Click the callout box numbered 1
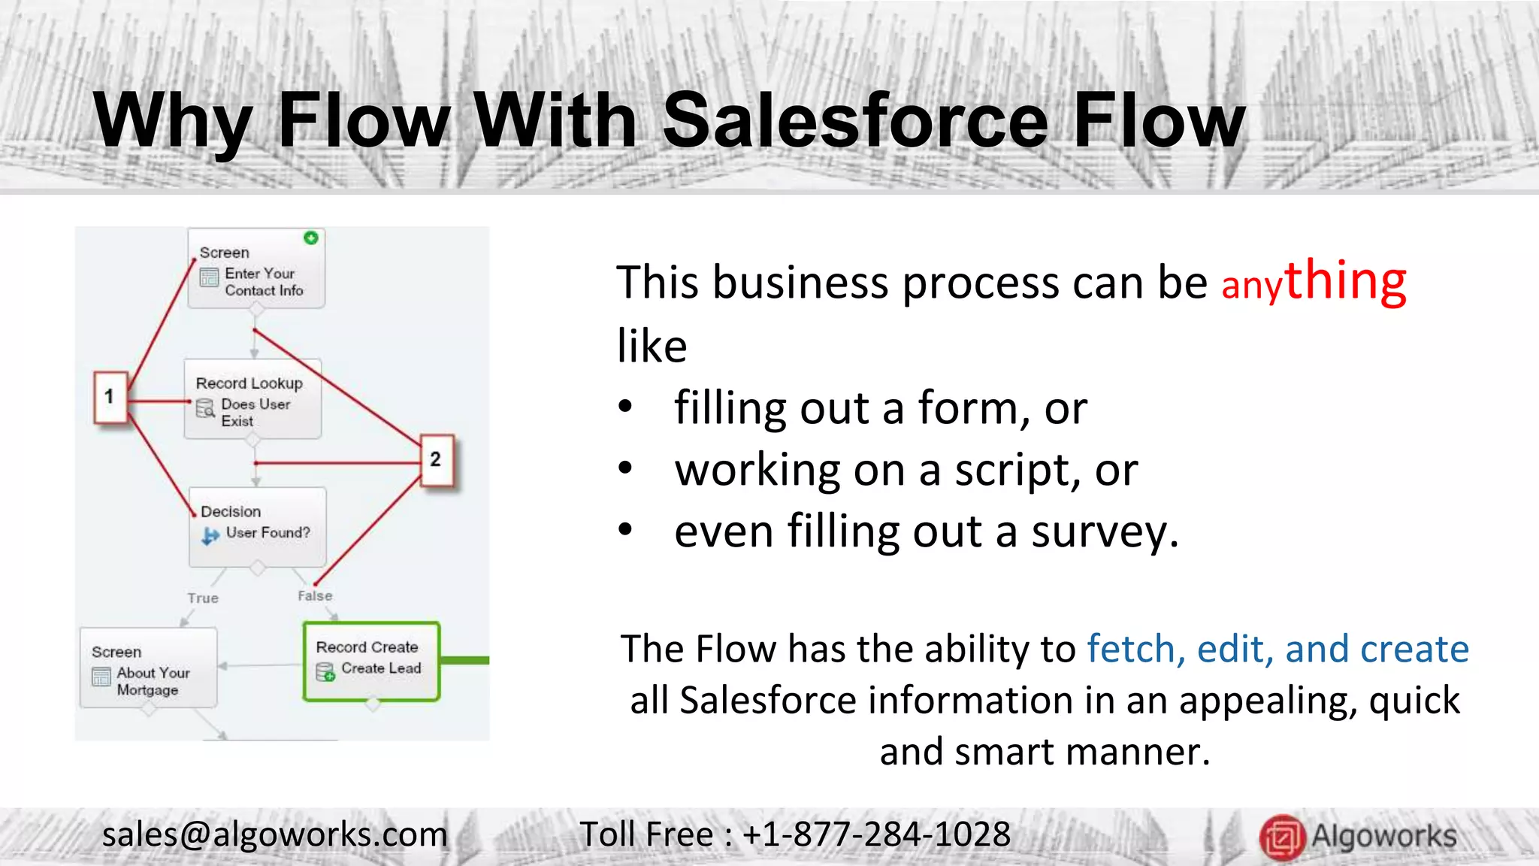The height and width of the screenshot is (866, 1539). point(110,396)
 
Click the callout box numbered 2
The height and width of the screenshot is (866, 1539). point(436,459)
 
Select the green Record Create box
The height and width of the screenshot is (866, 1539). point(371,661)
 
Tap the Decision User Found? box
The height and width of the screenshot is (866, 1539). point(258,525)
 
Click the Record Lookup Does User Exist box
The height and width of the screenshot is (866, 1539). point(252,399)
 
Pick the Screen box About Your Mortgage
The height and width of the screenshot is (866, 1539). point(148,668)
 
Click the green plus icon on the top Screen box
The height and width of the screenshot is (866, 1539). point(311,238)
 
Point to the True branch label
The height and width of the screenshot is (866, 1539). point(203,598)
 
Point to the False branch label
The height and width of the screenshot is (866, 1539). point(315,595)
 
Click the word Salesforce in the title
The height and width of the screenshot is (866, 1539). point(855,120)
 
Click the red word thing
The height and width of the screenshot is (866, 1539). point(1345,280)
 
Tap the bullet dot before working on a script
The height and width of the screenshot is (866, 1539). point(625,469)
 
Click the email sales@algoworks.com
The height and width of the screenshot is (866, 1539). point(274,834)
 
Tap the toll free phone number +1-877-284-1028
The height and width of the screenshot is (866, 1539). point(876,834)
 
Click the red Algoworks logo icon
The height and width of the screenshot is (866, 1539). point(1281,837)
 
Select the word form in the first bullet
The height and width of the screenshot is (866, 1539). point(972,408)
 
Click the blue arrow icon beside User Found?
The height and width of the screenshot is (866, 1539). point(210,535)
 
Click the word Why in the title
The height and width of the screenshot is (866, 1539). point(173,120)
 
